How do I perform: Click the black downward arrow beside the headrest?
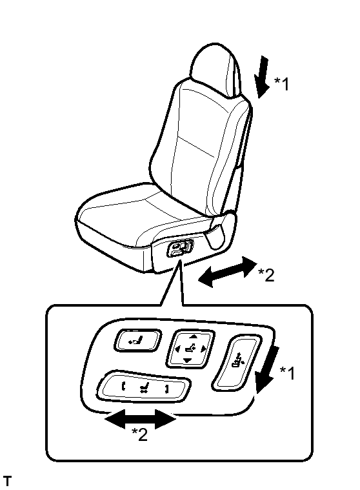262,77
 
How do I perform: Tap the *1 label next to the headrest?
282,84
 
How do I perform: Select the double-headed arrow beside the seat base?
228,272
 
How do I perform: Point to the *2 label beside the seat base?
266,275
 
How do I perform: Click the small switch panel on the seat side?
180,249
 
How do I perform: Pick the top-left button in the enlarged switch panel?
137,340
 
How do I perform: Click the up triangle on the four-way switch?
194,336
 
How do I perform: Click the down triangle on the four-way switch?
187,361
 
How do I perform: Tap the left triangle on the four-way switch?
177,349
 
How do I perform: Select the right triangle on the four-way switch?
204,349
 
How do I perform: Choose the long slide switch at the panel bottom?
144,387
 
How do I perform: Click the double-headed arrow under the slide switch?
140,420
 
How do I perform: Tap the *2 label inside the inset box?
139,434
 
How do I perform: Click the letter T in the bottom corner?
7,481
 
